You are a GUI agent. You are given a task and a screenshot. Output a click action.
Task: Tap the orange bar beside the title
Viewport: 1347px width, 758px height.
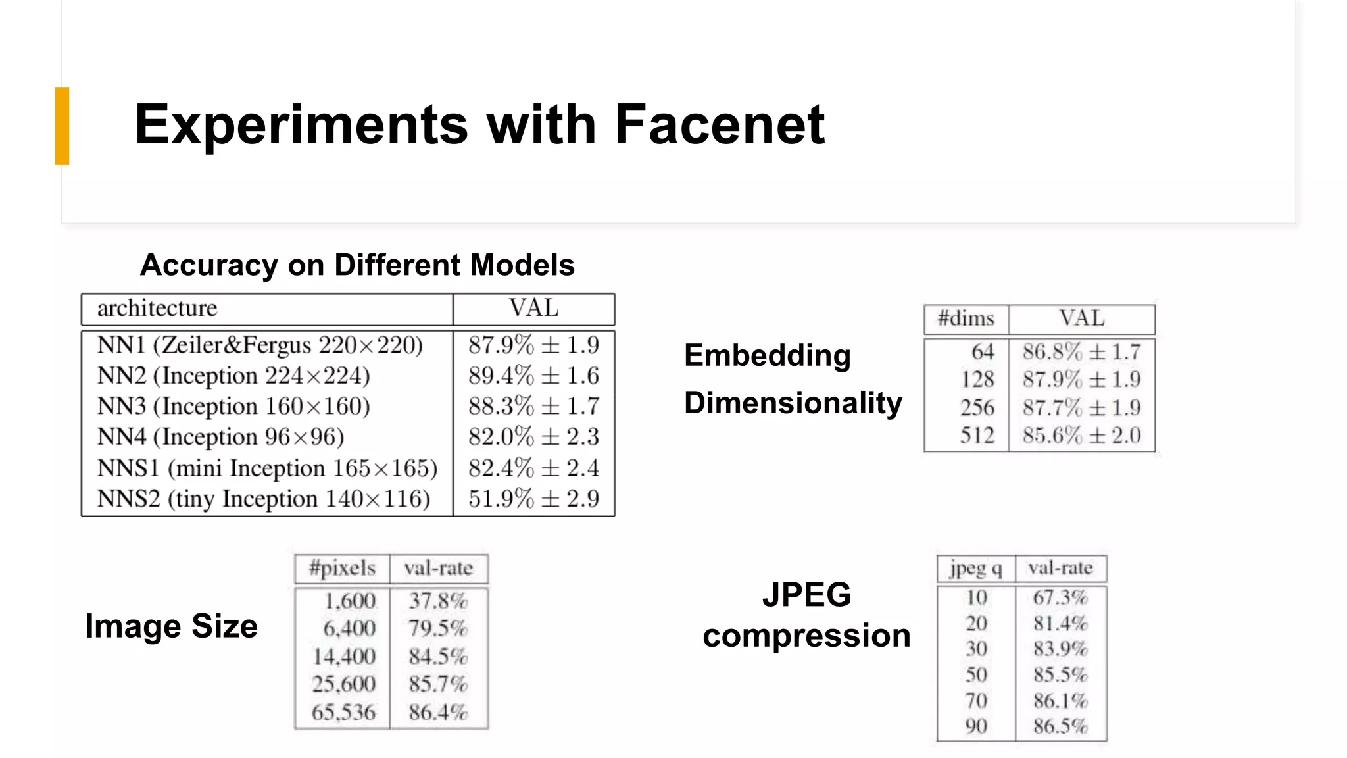pyautogui.click(x=62, y=125)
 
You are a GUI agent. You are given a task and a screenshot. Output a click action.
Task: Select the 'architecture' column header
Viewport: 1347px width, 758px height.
pyautogui.click(x=157, y=308)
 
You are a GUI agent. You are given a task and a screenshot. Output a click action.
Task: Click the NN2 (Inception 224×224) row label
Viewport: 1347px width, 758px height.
pyautogui.click(x=233, y=376)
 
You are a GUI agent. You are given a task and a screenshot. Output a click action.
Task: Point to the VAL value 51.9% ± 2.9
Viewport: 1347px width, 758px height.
pyautogui.click(x=533, y=499)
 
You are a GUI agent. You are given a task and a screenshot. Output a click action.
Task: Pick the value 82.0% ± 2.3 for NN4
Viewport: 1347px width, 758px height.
pyautogui.click(x=533, y=437)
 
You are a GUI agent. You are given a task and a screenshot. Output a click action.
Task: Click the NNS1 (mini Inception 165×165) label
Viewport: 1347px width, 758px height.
pyautogui.click(x=267, y=468)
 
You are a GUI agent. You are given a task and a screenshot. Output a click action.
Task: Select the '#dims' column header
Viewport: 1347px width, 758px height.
pyautogui.click(x=966, y=319)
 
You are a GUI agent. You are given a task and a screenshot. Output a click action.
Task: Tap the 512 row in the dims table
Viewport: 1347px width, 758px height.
pyautogui.click(x=977, y=436)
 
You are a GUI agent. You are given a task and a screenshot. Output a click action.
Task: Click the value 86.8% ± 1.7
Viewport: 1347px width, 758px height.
pyautogui.click(x=1081, y=352)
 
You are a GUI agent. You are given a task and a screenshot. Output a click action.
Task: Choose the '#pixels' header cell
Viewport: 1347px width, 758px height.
pyautogui.click(x=342, y=568)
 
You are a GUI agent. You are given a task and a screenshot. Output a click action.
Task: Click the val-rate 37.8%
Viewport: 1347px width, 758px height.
pyautogui.click(x=438, y=601)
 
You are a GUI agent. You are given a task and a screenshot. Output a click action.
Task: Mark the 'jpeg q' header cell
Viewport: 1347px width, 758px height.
pyautogui.click(x=976, y=568)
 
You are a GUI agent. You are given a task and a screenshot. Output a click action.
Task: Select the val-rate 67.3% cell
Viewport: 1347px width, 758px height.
pyautogui.click(x=1060, y=597)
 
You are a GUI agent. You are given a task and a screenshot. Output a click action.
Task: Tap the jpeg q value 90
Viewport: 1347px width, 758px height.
pyautogui.click(x=977, y=726)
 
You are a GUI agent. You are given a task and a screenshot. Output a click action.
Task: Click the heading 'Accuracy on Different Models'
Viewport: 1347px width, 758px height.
pyautogui.click(x=357, y=265)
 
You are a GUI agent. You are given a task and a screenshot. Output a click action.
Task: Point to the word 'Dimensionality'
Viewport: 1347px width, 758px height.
pyautogui.click(x=793, y=403)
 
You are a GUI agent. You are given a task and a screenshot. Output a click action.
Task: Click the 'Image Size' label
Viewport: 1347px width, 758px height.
pyautogui.click(x=171, y=626)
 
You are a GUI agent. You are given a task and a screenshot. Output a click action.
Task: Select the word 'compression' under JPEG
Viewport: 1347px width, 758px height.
pyautogui.click(x=806, y=636)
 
